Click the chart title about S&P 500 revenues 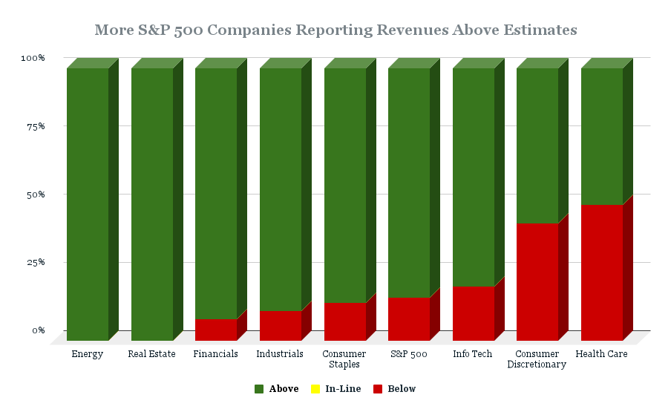coord(335,30)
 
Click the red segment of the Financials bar coord(216,330)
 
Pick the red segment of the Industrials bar coord(281,326)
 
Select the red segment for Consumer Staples coord(345,321)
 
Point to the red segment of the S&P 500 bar coord(409,319)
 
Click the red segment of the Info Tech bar coord(474,313)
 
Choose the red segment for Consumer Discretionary coord(537,282)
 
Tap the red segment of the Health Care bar coord(602,272)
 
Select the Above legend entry coord(276,389)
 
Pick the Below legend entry coord(394,389)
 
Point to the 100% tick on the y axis coord(33,58)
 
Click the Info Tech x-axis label coord(473,354)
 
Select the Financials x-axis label coord(216,354)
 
